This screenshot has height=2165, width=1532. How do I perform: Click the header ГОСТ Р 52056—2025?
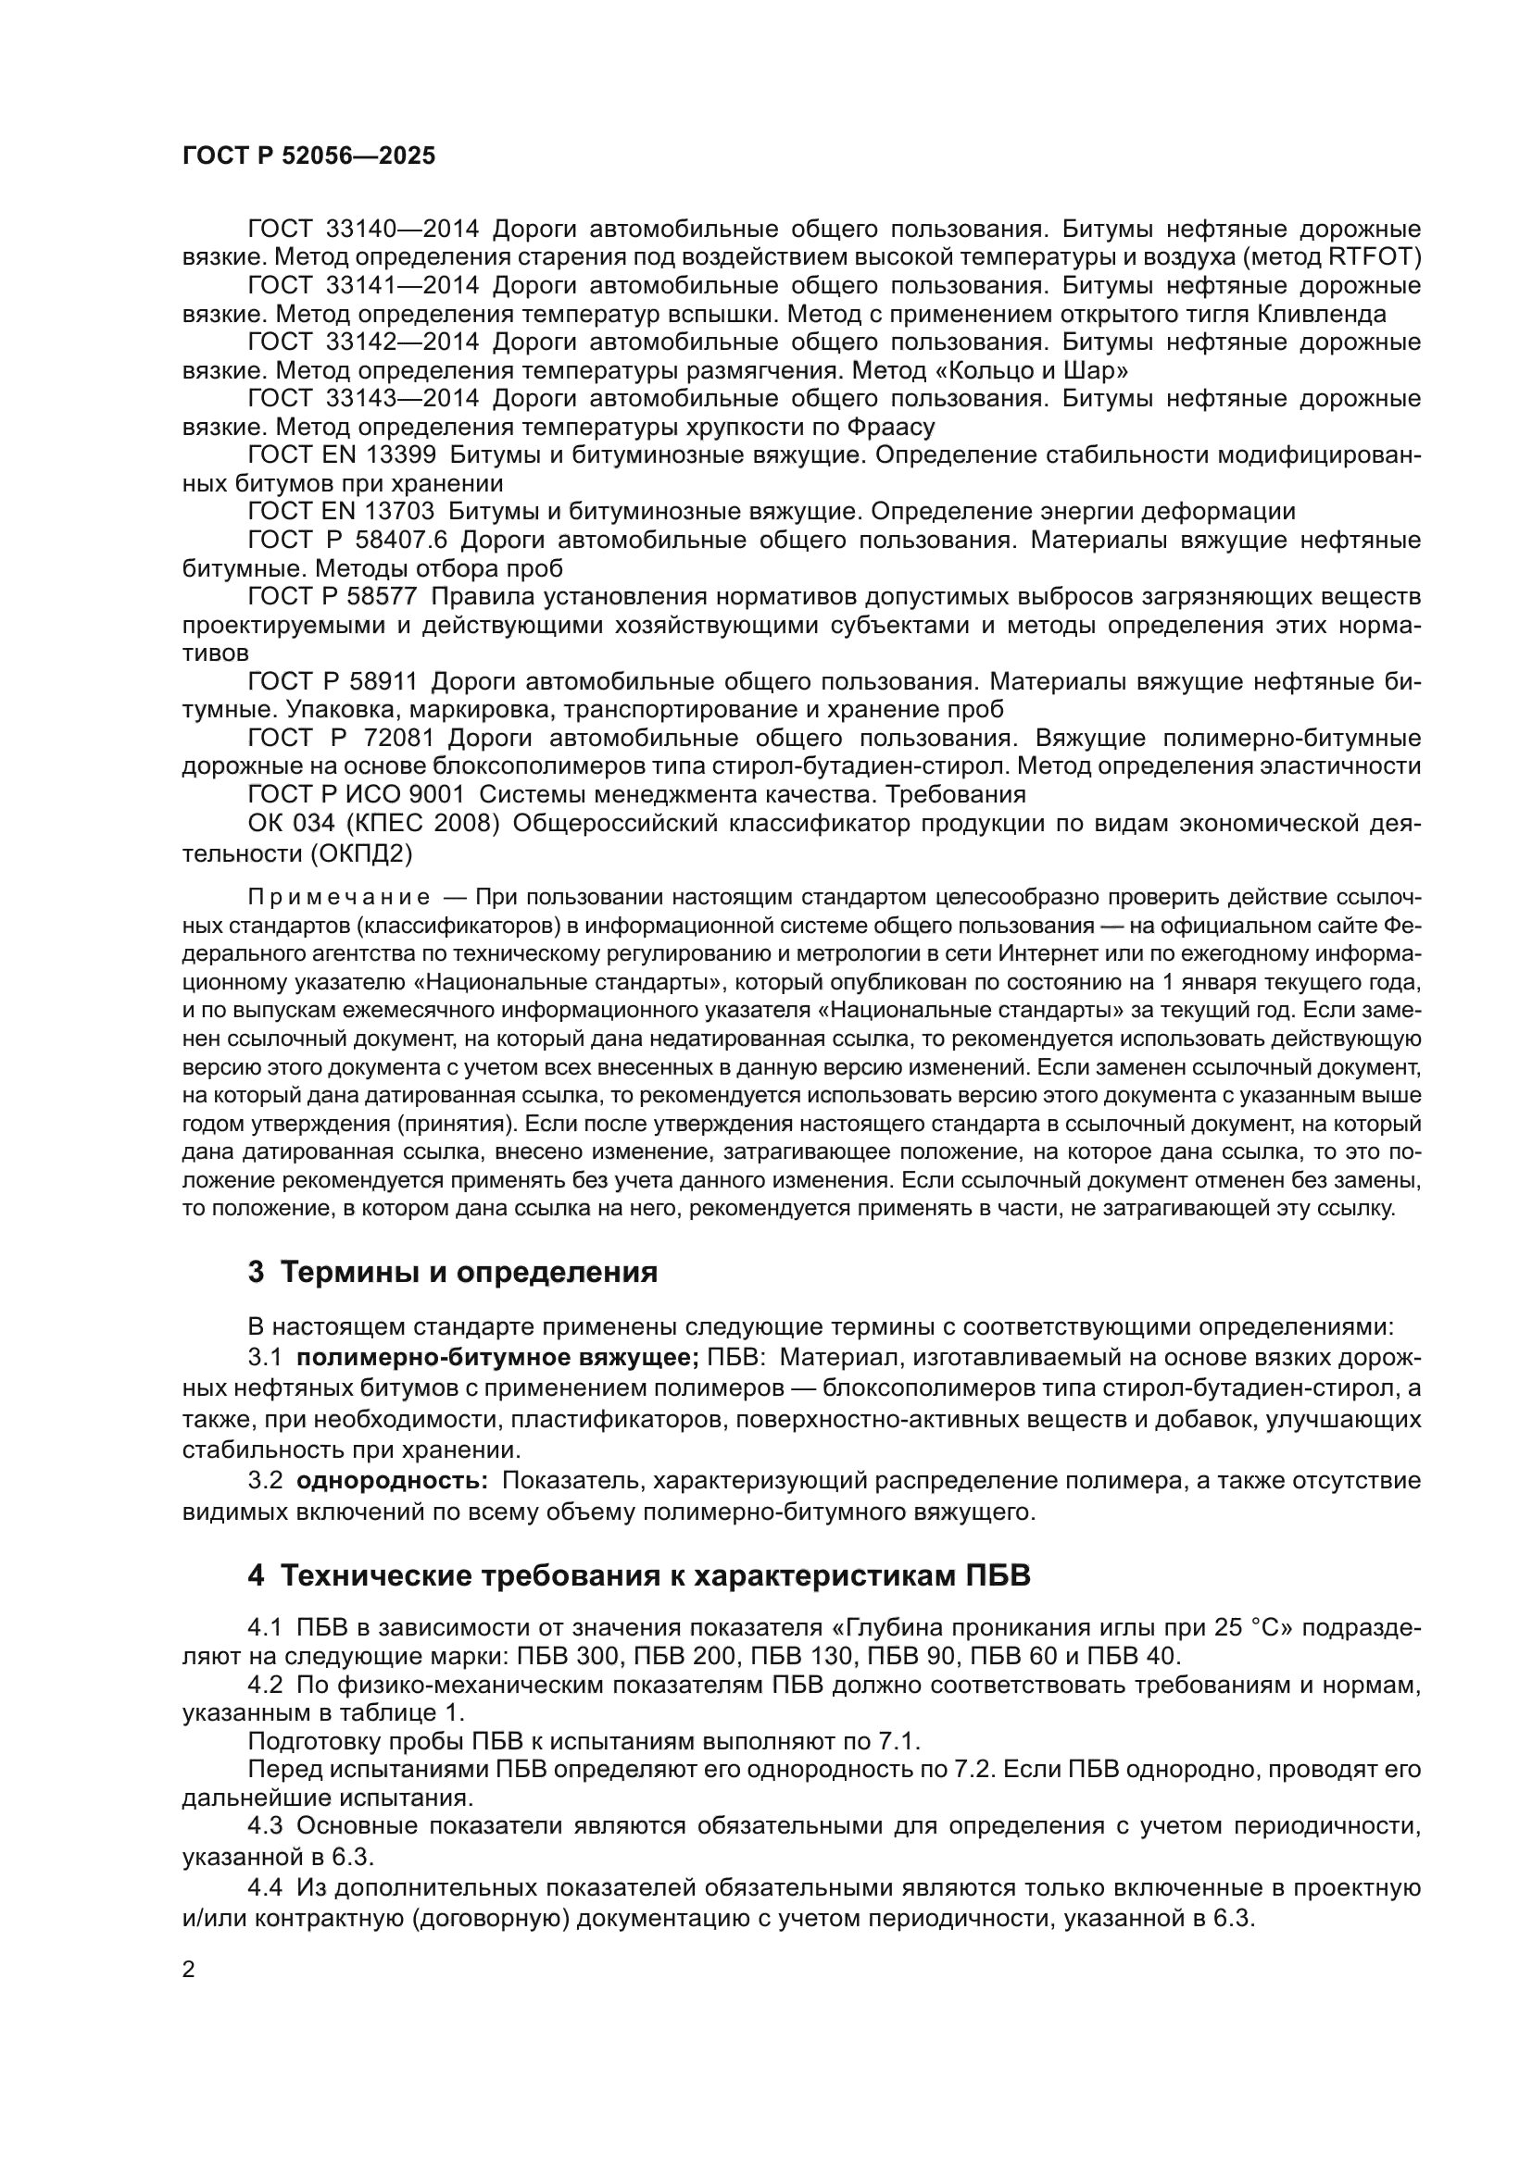pos(308,156)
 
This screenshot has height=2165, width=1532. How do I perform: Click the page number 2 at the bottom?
pos(189,1970)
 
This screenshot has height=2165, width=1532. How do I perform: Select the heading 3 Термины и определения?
pos(452,1272)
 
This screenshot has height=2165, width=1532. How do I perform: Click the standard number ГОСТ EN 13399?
pos(342,455)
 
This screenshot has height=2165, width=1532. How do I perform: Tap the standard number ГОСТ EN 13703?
pos(341,512)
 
